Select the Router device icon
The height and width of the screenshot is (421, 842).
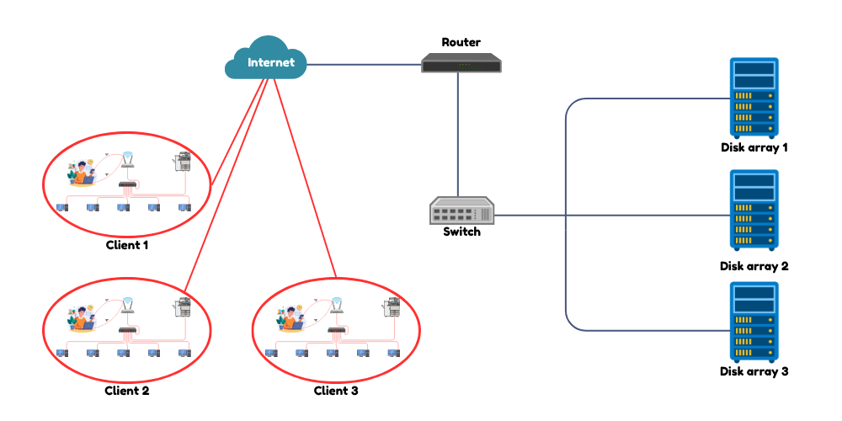point(461,61)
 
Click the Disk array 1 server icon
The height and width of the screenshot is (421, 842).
point(754,98)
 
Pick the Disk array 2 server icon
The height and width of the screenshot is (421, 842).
point(754,210)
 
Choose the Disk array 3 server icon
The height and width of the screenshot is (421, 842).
point(754,322)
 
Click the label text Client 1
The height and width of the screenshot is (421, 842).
point(127,246)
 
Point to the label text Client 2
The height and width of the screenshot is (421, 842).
point(127,391)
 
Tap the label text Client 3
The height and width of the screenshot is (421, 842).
point(336,391)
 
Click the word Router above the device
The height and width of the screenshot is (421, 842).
point(461,41)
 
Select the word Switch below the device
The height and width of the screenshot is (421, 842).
point(461,232)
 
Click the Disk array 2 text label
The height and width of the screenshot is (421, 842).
point(754,266)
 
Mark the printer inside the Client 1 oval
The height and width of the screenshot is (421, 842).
point(183,162)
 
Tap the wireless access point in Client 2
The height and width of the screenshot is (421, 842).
point(127,306)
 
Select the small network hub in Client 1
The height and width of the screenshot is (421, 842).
point(127,185)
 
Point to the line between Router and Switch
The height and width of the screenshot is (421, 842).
point(458,135)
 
